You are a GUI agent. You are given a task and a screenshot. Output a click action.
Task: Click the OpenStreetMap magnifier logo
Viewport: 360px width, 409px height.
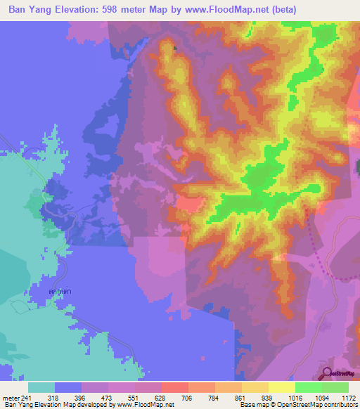click(327, 373)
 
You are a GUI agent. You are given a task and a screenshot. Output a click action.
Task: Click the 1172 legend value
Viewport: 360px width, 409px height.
click(347, 398)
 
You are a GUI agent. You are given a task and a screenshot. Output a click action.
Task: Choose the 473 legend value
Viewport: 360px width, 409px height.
click(94, 398)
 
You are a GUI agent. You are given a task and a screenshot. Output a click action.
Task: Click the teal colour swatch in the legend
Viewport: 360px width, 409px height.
click(41, 387)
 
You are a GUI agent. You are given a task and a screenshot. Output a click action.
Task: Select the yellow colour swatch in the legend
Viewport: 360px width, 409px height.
click(281, 387)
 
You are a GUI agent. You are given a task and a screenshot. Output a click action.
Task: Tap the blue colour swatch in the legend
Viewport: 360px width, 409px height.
click(68, 387)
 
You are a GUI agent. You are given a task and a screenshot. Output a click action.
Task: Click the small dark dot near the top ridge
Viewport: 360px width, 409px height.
click(175, 48)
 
